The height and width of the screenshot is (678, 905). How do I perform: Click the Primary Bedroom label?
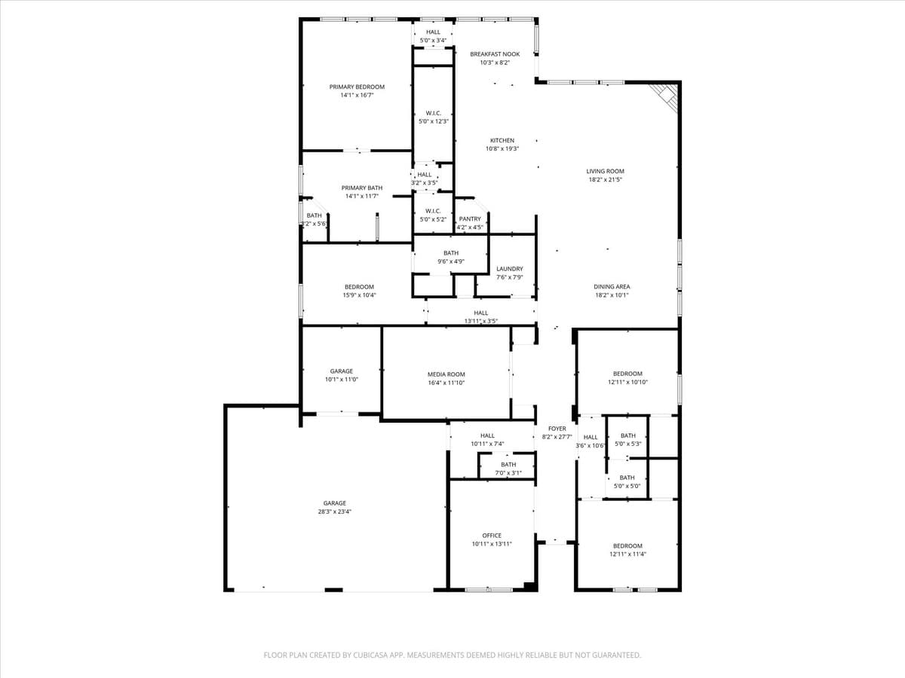(357, 87)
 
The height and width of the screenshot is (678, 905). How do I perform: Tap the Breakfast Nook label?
(495, 54)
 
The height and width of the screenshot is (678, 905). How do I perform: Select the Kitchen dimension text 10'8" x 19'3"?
(502, 149)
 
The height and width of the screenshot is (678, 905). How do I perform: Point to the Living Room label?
(605, 171)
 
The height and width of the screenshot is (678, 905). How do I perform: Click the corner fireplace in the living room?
(666, 95)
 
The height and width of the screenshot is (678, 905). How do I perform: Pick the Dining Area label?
(612, 286)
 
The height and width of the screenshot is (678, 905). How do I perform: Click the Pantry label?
(470, 219)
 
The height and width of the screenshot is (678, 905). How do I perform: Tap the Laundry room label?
(510, 269)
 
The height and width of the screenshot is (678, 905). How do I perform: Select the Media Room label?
(446, 374)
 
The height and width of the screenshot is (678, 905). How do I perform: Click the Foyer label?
(557, 429)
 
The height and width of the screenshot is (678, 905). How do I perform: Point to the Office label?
(492, 536)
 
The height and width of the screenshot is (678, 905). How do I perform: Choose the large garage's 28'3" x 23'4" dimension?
(335, 512)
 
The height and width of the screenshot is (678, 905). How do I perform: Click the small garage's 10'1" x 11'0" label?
(342, 380)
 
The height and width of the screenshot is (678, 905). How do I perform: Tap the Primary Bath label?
(362, 188)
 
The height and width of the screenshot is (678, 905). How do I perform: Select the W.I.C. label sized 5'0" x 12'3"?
(434, 121)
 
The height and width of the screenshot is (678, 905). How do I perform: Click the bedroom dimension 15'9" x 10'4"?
(360, 295)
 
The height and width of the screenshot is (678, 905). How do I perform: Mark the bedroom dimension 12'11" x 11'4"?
(627, 554)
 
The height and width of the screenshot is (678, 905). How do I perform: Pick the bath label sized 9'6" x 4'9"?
(451, 261)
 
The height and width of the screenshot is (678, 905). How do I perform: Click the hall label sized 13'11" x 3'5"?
(481, 322)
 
